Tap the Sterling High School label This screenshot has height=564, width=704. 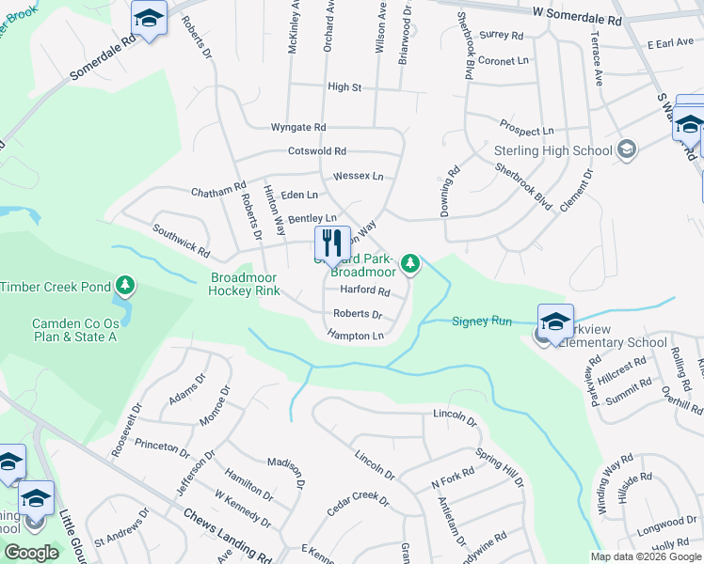point(552,150)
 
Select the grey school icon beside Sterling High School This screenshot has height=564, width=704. point(627,149)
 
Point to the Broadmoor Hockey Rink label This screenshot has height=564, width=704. point(245,284)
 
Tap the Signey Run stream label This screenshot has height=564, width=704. point(482,321)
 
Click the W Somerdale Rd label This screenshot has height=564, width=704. point(577,19)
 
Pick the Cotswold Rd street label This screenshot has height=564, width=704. point(317,151)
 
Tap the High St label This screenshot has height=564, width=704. point(344,87)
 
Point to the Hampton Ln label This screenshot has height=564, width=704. point(356,336)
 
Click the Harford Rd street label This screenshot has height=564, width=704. point(364,291)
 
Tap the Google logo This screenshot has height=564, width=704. point(31,553)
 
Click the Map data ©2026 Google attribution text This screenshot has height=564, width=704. point(645,556)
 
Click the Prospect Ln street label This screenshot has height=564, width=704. point(526,131)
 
